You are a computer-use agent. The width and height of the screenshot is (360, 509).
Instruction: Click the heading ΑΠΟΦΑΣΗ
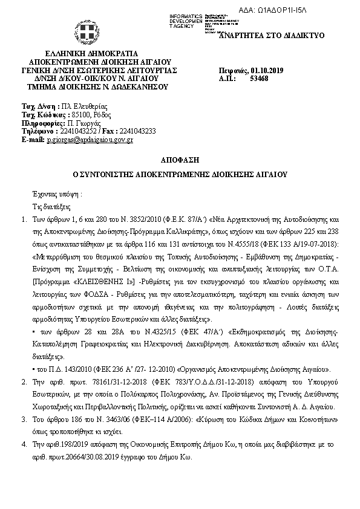[179, 160]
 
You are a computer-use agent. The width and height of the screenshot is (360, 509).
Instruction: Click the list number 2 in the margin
[24, 383]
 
